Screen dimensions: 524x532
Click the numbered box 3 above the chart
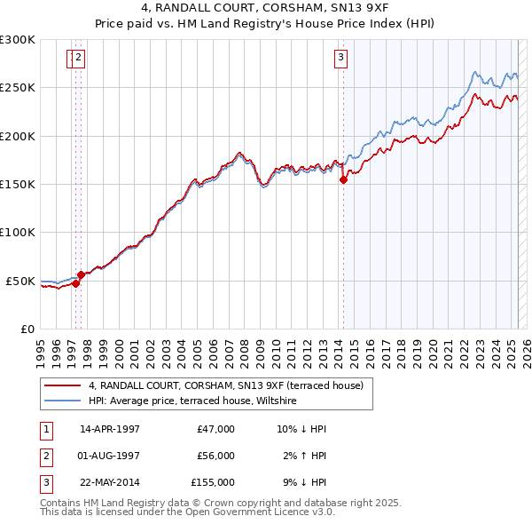point(340,59)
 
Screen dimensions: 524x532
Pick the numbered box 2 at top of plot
point(79,59)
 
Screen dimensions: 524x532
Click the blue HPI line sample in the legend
point(63,401)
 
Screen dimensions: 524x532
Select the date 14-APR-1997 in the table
point(110,429)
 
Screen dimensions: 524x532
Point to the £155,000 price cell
point(213,483)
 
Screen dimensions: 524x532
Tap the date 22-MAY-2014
point(110,483)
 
